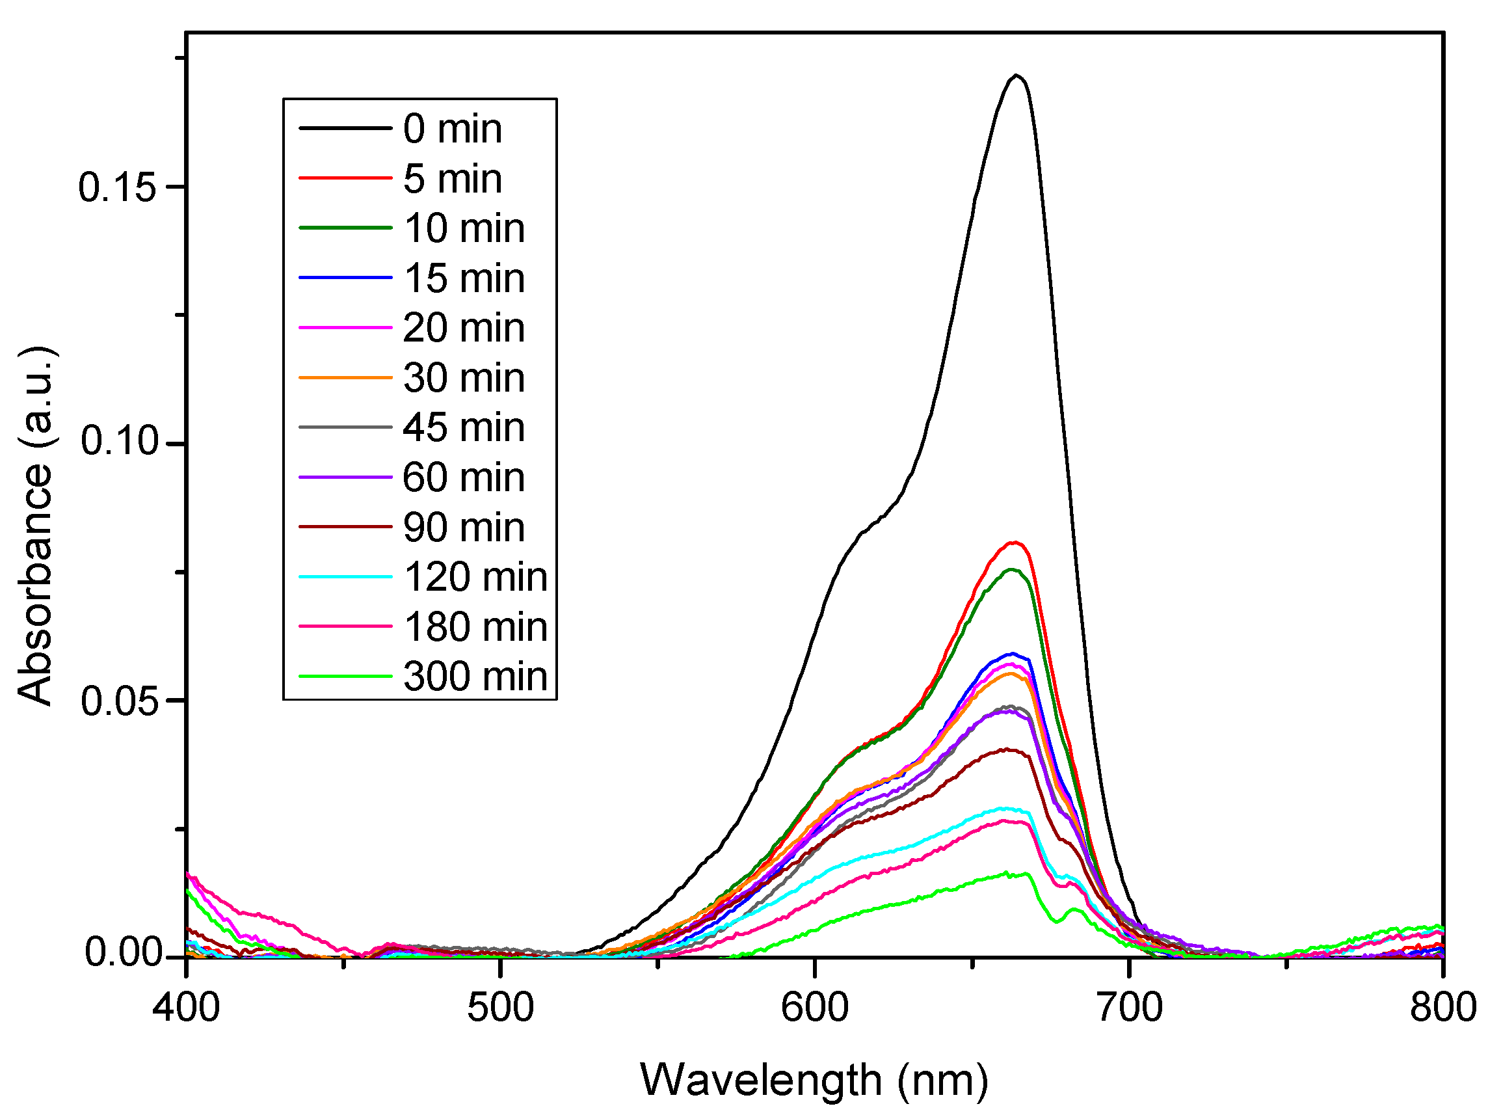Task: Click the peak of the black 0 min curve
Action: (x=1016, y=75)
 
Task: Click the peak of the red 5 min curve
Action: (x=1015, y=543)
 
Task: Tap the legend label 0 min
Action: (x=452, y=129)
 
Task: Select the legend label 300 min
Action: (x=475, y=677)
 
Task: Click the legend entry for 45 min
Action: (x=464, y=427)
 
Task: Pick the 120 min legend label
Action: (x=475, y=576)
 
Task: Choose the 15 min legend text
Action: (x=464, y=278)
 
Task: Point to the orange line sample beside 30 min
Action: (x=345, y=377)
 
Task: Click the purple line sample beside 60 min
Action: (x=345, y=477)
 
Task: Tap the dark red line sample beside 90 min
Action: (x=345, y=527)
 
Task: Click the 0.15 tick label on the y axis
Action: (x=117, y=187)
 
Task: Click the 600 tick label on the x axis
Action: (x=814, y=1008)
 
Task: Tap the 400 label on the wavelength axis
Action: (x=187, y=1008)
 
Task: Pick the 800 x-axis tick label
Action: (x=1442, y=1008)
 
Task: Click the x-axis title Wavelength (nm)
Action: (x=814, y=1081)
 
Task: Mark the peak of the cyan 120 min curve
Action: (x=1005, y=809)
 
